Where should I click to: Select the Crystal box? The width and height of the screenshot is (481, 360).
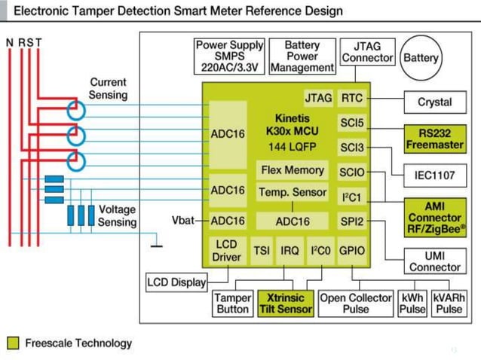coord(434,102)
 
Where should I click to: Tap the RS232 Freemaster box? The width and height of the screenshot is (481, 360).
coord(434,138)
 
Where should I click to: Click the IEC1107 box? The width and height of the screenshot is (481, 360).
coord(434,175)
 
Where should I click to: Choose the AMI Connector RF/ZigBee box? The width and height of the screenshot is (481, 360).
coord(434,215)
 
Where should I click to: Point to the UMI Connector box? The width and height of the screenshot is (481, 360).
coord(434,261)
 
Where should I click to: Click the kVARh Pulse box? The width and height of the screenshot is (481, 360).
coord(449,303)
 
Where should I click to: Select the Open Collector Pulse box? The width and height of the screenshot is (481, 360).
coord(357,303)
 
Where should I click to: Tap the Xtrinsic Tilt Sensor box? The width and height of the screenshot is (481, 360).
coord(286,303)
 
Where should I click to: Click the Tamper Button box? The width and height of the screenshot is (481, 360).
coord(233,303)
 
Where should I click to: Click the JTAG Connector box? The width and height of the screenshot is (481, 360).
coord(367,52)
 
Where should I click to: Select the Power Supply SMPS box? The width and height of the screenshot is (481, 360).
coord(230,56)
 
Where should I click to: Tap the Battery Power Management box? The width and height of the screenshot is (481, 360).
coord(302,56)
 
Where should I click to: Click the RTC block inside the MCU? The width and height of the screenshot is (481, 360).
coord(352,98)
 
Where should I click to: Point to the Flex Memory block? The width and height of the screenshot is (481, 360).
coord(293,170)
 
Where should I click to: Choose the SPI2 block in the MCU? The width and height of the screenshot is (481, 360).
coord(352,221)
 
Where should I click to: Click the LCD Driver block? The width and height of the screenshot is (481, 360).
coord(227,251)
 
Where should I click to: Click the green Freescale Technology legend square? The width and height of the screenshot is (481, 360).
coord(13,343)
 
